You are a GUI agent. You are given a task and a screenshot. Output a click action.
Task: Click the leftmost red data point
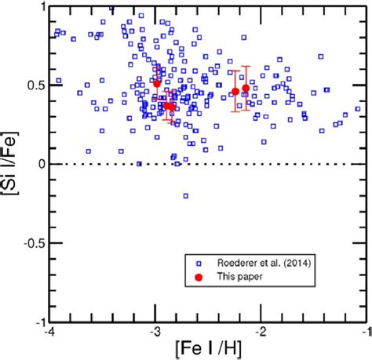(157, 83)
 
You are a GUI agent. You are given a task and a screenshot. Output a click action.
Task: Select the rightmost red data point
(246, 88)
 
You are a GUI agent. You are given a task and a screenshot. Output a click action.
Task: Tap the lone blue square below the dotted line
(186, 195)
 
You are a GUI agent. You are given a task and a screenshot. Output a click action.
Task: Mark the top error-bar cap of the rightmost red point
(246, 67)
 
